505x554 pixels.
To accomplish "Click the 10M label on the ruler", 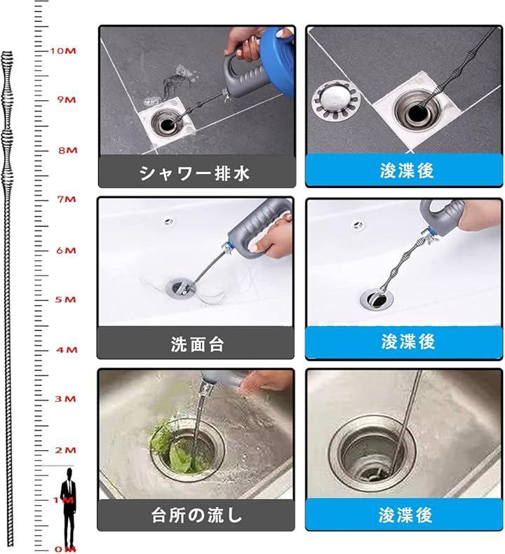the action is (x=63, y=51).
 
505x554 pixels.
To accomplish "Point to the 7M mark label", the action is (x=67, y=199).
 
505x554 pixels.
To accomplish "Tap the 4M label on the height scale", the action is (x=67, y=350).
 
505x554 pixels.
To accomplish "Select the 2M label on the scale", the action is (x=66, y=450).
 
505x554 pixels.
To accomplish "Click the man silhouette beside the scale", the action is (x=68, y=508).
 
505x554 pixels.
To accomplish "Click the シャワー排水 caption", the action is (x=195, y=173).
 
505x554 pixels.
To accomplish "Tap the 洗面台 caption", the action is (x=197, y=344).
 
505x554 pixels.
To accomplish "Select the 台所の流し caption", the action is (x=196, y=515).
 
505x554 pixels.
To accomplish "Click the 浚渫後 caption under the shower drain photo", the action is (x=407, y=171).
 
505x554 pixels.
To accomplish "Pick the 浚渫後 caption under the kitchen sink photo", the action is (x=405, y=515).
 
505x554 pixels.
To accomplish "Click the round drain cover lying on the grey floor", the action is (x=337, y=100).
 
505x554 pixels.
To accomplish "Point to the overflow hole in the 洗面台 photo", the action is (x=169, y=222).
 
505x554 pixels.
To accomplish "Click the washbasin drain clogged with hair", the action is (x=181, y=288).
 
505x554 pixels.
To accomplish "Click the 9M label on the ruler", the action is (x=67, y=100).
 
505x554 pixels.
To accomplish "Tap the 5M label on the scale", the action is (x=66, y=299).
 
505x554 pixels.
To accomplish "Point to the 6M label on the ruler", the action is (x=67, y=250).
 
